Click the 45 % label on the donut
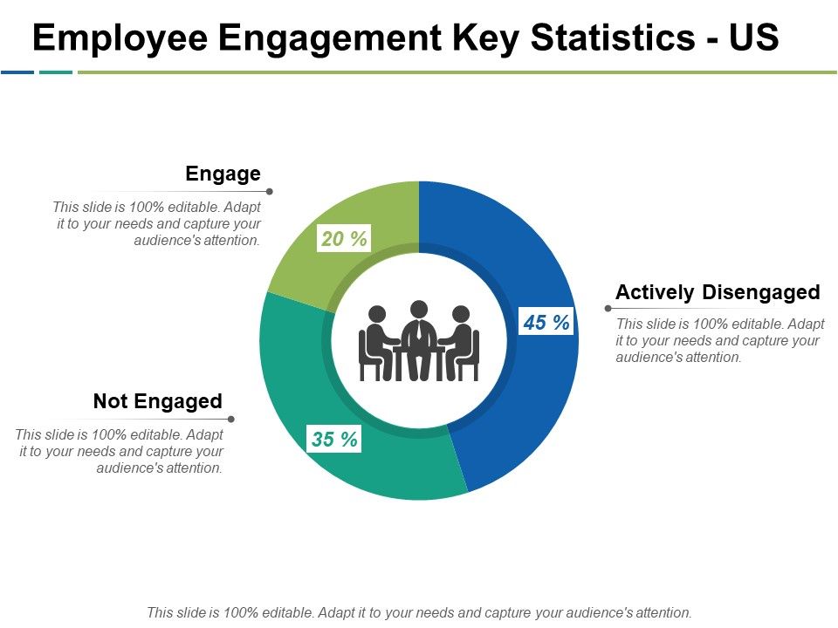pos(546,323)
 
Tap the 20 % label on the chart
pos(344,238)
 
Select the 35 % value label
pos(334,440)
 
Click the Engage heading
pos(223,174)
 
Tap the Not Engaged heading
pos(158,401)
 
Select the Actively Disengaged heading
pos(718,292)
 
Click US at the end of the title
pos(754,39)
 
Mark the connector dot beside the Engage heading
pos(270,191)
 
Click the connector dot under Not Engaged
pos(231,419)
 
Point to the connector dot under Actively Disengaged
pos(608,308)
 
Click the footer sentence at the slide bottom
pos(419,612)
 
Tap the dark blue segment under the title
pos(17,72)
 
